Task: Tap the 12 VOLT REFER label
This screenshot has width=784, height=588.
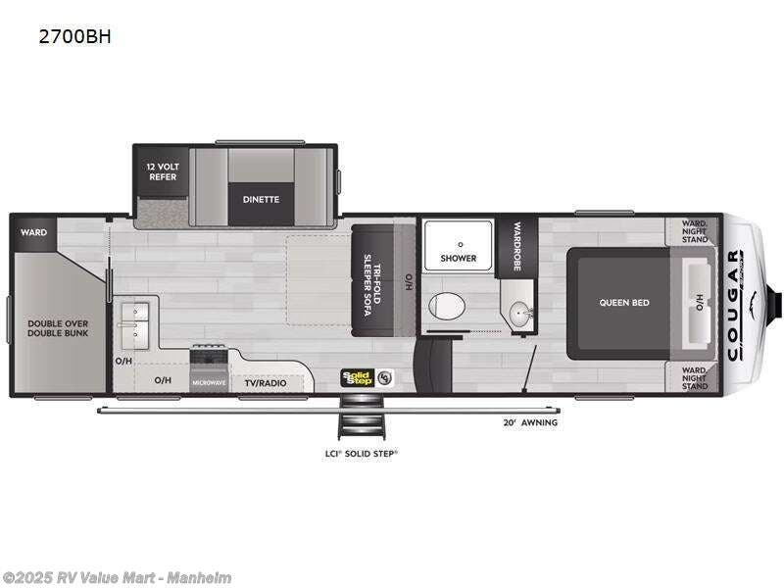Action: [x=162, y=171]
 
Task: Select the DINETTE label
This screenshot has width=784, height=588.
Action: [x=262, y=199]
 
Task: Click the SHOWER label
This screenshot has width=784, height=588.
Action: [x=458, y=259]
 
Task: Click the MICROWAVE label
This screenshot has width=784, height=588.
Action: [x=209, y=382]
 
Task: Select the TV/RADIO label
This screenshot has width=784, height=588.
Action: [x=265, y=382]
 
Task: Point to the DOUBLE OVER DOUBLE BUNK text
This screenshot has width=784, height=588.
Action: [x=58, y=327]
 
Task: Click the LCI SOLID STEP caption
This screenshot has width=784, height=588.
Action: [x=363, y=454]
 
